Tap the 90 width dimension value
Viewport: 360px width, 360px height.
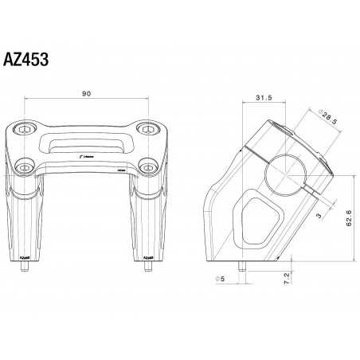[x=86, y=94]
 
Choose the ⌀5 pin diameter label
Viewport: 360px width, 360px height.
[x=220, y=279]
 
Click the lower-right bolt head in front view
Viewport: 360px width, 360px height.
[x=147, y=167]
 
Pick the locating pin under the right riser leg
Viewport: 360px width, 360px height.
[x=147, y=268]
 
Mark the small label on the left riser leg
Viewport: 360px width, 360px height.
[x=25, y=257]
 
